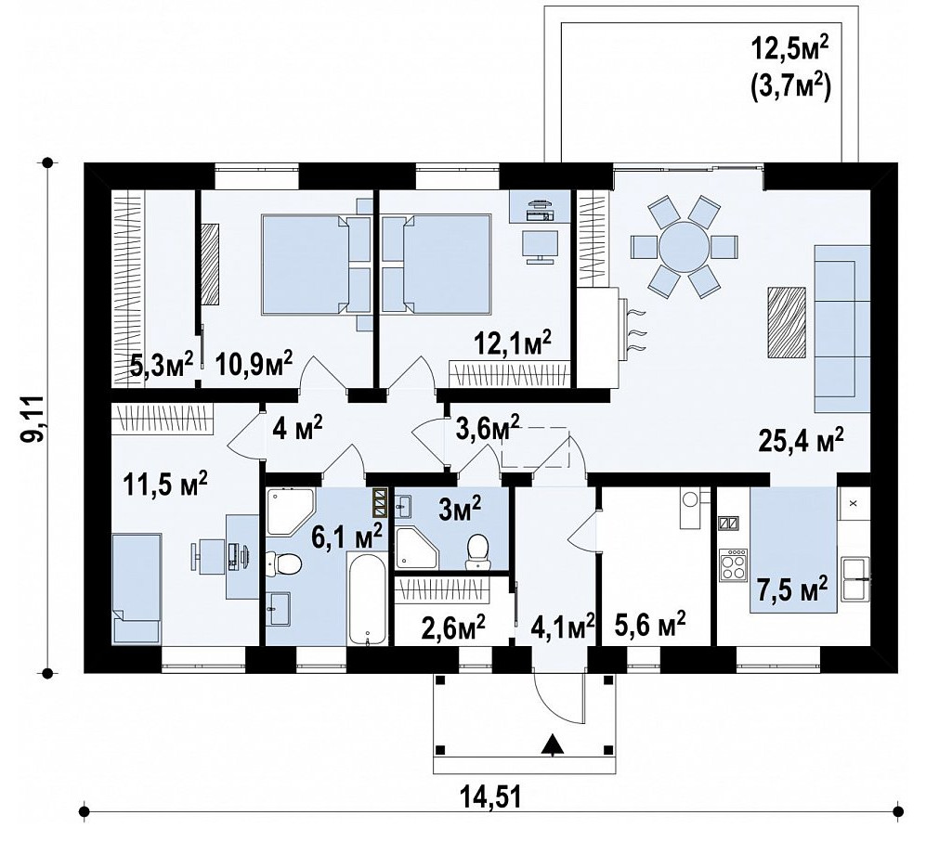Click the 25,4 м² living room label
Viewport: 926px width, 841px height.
(x=801, y=440)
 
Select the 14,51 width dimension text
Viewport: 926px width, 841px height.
(x=490, y=798)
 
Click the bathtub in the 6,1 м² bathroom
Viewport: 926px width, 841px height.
(x=367, y=598)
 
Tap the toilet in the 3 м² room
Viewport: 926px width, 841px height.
(x=477, y=551)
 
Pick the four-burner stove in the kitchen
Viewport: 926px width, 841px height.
(x=733, y=564)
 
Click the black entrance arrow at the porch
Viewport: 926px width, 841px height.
(x=553, y=744)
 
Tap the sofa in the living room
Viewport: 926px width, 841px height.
(x=842, y=329)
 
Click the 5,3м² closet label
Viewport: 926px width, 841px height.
(x=162, y=365)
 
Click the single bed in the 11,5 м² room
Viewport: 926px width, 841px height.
(x=137, y=589)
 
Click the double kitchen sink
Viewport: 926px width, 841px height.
(x=855, y=577)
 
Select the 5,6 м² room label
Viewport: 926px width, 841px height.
(x=649, y=624)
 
